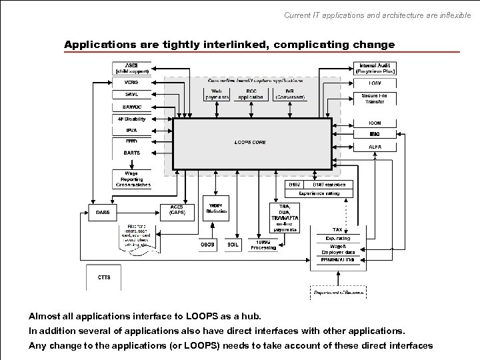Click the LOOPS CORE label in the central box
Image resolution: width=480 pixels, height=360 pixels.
pyautogui.click(x=250, y=142)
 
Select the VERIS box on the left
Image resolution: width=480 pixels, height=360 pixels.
pyautogui.click(x=131, y=82)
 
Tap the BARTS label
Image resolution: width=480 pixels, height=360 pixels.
pyautogui.click(x=131, y=153)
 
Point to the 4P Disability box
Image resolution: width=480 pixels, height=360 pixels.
pyautogui.click(x=131, y=119)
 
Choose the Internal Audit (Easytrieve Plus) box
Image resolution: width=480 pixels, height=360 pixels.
pyautogui.click(x=375, y=68)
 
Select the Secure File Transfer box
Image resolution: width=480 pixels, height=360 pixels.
pyautogui.click(x=375, y=99)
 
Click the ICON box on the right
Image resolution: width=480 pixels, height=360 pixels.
pyautogui.click(x=375, y=123)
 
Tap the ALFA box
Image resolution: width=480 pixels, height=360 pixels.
pyautogui.click(x=375, y=147)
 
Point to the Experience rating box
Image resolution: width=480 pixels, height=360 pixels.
pyautogui.click(x=319, y=193)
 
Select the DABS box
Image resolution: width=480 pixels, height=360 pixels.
pyautogui.click(x=103, y=212)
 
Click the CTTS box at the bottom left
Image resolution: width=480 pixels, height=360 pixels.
pyautogui.click(x=104, y=277)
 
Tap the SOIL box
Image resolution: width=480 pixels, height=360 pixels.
pyautogui.click(x=233, y=245)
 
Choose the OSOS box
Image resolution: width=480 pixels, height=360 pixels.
pyautogui.click(x=208, y=245)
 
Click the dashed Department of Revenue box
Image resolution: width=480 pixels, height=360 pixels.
pyautogui.click(x=338, y=292)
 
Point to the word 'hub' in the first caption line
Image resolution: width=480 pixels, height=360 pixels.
pyautogui.click(x=251, y=315)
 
